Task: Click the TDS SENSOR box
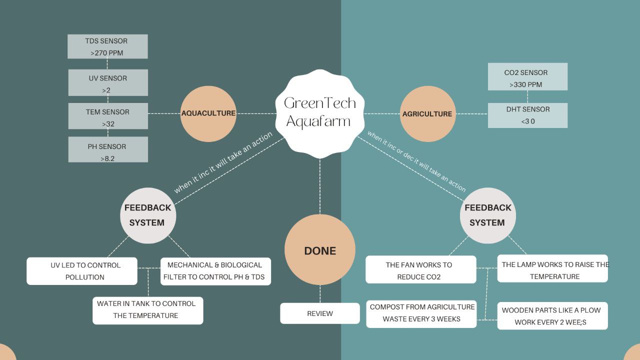point(107,46)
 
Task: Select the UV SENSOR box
point(108,83)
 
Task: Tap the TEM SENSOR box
point(108,116)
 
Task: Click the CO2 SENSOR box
point(527,77)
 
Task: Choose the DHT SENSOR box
point(527,115)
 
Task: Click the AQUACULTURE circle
point(208,113)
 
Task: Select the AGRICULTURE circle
point(427,113)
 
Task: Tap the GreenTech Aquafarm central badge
point(320,112)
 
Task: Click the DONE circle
point(320,250)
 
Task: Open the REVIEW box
point(320,313)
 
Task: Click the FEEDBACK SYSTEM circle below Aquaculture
point(148,215)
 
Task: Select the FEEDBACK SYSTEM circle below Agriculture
point(488,215)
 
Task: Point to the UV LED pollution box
point(82,271)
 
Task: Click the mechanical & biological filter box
point(215,271)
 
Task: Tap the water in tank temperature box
point(148,310)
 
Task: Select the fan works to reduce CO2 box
point(421,270)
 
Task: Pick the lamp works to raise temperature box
point(552,270)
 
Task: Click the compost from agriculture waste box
point(421,313)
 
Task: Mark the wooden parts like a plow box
point(552,315)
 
